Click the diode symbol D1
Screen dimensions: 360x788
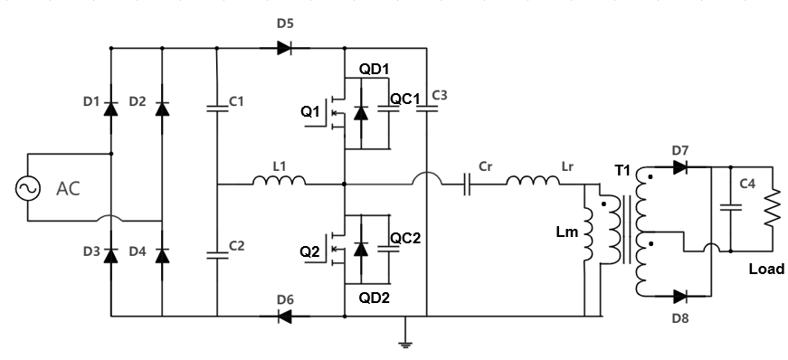coord(110,109)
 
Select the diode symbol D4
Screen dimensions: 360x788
coord(162,255)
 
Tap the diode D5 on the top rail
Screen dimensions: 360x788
coord(284,48)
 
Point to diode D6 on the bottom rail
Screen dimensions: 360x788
coord(285,316)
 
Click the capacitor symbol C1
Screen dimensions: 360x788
coord(218,109)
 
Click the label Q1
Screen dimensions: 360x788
coord(311,112)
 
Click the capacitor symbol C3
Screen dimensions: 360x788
coord(426,109)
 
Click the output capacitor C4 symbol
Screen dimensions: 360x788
coord(728,209)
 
